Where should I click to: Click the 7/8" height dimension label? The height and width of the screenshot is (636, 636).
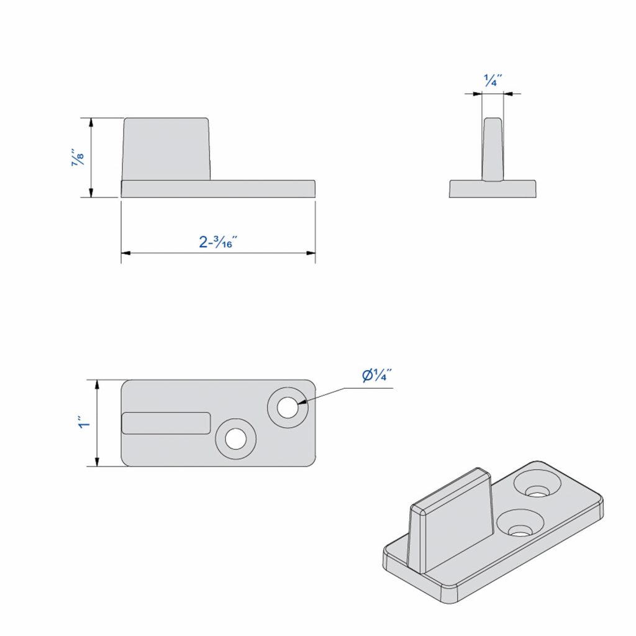point(78,158)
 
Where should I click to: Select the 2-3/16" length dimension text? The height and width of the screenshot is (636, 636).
point(219,242)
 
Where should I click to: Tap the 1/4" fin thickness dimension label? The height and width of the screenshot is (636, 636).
point(493,79)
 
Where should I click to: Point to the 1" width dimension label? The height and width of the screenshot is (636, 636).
point(84,424)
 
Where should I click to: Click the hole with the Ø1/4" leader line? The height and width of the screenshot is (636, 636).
point(288,407)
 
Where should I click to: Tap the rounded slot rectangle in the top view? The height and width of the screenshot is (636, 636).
point(166,423)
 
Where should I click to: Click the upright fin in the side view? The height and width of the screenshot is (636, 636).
point(166,149)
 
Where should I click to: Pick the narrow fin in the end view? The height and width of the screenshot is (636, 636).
point(493,149)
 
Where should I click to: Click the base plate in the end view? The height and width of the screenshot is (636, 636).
point(493,189)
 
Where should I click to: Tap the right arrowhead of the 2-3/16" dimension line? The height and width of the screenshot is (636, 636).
point(311,253)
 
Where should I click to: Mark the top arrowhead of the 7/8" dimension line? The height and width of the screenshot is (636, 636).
point(92,122)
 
